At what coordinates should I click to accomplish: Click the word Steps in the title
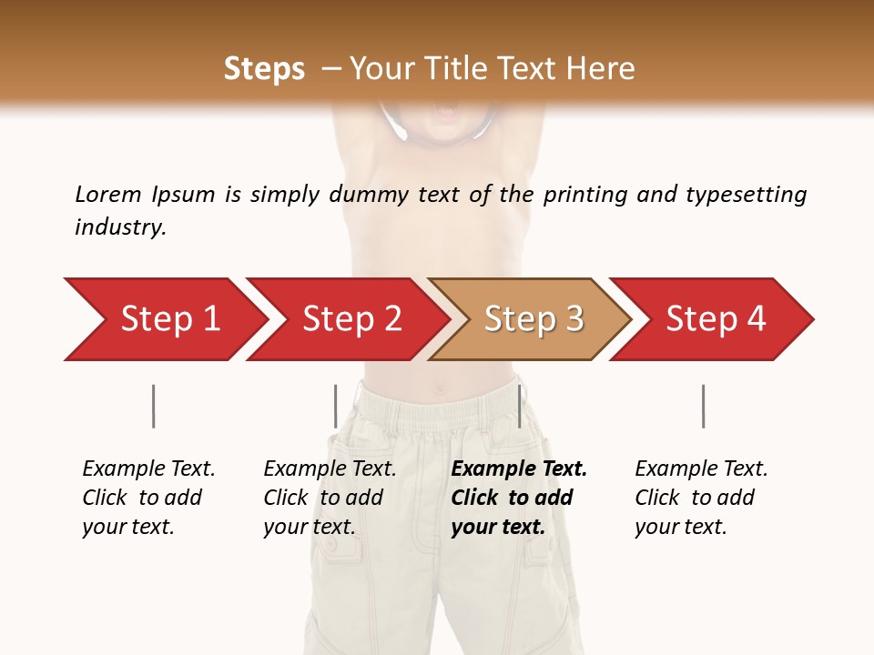click(x=264, y=69)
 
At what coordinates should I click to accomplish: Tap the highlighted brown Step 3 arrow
click(x=533, y=319)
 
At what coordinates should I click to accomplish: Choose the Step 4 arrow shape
click(x=715, y=319)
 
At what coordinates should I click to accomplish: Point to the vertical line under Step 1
click(x=153, y=406)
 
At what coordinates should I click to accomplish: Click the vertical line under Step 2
click(x=335, y=406)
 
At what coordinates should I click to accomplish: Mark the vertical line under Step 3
click(x=519, y=406)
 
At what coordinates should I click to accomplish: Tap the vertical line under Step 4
click(x=703, y=406)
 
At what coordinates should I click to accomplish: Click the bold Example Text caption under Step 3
click(x=519, y=498)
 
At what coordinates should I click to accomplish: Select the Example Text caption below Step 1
click(x=148, y=498)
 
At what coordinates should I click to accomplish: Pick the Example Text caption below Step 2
click(x=330, y=498)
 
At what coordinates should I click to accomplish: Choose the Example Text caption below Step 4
click(x=701, y=498)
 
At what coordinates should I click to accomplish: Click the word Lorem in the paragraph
click(x=108, y=195)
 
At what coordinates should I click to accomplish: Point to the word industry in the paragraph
click(x=119, y=227)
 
